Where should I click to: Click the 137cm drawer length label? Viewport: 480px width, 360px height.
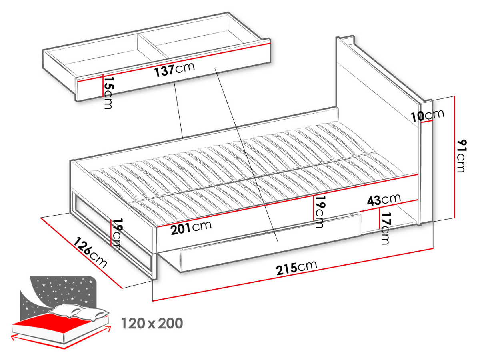[x=174, y=70]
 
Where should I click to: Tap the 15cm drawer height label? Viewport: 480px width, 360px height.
[x=108, y=93]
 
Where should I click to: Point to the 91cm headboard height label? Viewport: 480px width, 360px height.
[x=462, y=156]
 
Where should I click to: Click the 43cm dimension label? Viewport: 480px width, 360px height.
[x=384, y=200]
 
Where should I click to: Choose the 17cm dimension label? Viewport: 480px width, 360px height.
[x=385, y=228]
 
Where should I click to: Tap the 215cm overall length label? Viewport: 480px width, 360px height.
[x=296, y=268]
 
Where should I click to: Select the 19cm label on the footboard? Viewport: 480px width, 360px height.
[x=116, y=234]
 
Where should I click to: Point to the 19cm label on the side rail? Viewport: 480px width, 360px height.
[x=319, y=212]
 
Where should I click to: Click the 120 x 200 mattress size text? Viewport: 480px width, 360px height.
[x=152, y=323]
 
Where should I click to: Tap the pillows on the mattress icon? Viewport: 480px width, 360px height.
[x=79, y=312]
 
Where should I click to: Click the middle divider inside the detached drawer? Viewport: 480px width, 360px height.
[x=153, y=46]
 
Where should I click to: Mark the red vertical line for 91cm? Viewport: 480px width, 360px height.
[x=455, y=157]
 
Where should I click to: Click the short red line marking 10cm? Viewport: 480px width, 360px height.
[x=427, y=121]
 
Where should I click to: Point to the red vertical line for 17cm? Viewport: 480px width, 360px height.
[x=380, y=218]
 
